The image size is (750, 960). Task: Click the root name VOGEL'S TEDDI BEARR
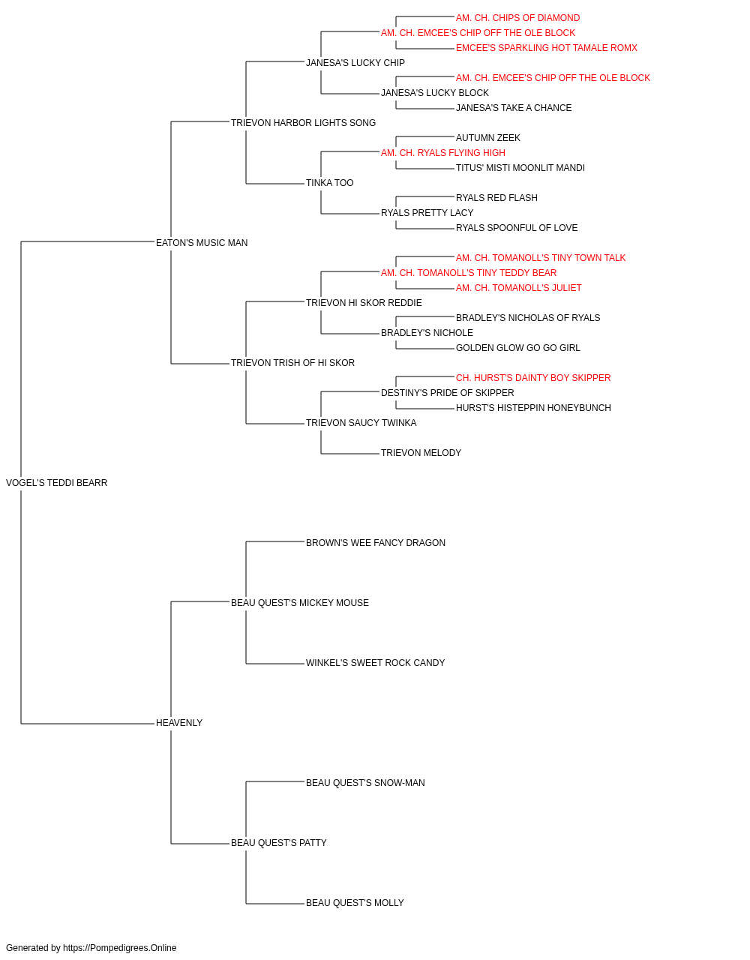click(56, 483)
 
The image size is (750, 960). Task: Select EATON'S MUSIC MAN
click(202, 242)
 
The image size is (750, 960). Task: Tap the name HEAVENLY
click(179, 723)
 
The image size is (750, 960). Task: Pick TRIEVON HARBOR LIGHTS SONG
click(304, 123)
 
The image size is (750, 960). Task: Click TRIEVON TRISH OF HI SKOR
click(292, 363)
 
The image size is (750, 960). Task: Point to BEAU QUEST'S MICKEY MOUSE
click(300, 602)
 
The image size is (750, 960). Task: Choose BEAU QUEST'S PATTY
click(279, 842)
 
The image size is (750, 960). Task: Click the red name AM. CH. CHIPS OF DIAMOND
click(518, 18)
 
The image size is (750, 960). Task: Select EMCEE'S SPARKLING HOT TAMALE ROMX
click(547, 48)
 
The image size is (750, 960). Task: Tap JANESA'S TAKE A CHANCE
click(514, 108)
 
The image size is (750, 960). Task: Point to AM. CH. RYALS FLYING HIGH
click(443, 153)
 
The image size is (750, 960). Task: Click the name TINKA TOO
click(330, 183)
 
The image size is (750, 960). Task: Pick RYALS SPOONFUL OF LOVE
click(517, 227)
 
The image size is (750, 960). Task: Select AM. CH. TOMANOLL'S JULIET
click(519, 287)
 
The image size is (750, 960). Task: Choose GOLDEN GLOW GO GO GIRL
click(518, 348)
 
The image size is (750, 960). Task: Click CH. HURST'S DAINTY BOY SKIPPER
click(533, 378)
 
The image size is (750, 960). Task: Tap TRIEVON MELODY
click(421, 453)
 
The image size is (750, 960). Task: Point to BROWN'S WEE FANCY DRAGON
click(376, 542)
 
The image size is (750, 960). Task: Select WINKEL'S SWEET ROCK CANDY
click(376, 663)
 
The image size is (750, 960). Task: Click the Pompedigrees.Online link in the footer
click(120, 948)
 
